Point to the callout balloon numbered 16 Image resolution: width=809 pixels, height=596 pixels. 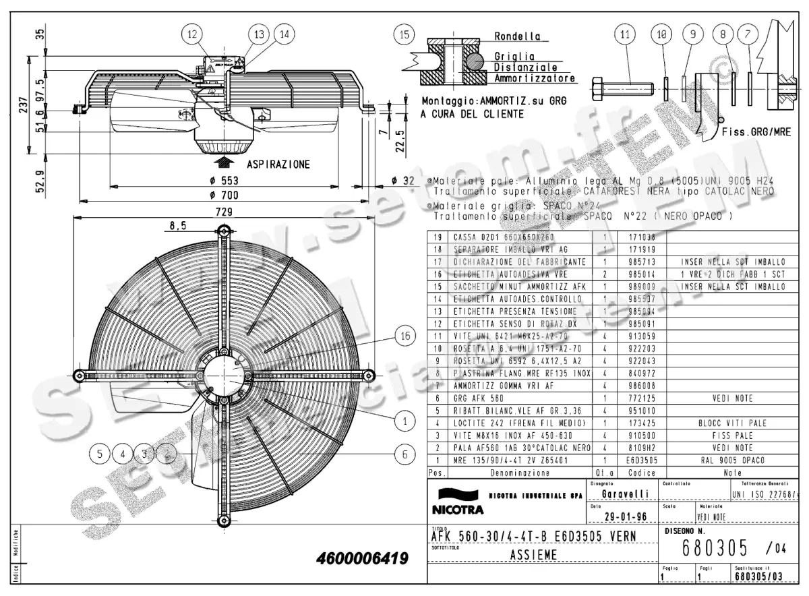[404, 335]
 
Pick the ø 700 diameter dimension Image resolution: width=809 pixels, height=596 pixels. [224, 195]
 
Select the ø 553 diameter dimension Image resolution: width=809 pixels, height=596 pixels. [224, 180]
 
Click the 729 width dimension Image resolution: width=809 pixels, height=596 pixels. [224, 212]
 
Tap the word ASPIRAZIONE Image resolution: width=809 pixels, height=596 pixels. [278, 164]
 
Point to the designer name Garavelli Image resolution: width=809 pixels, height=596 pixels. [625, 494]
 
